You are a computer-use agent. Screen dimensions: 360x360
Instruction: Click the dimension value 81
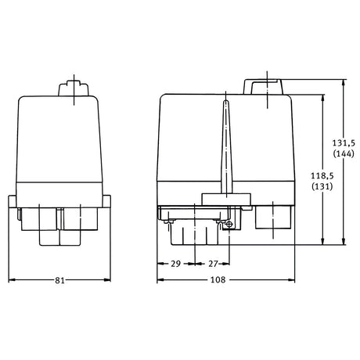(59, 280)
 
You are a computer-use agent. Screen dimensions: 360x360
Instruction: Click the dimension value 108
(218, 280)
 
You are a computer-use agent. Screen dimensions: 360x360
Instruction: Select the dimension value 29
(176, 264)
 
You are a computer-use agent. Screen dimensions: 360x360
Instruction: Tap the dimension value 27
(213, 264)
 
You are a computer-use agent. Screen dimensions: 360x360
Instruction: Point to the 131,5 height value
(344, 142)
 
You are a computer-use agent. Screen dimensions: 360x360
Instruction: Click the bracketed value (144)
(344, 153)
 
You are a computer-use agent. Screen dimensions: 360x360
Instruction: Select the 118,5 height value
(322, 175)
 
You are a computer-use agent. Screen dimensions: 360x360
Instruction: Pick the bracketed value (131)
(322, 186)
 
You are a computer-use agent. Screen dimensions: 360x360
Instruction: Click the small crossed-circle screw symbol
(229, 224)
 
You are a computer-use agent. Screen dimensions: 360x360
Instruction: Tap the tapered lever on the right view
(226, 147)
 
